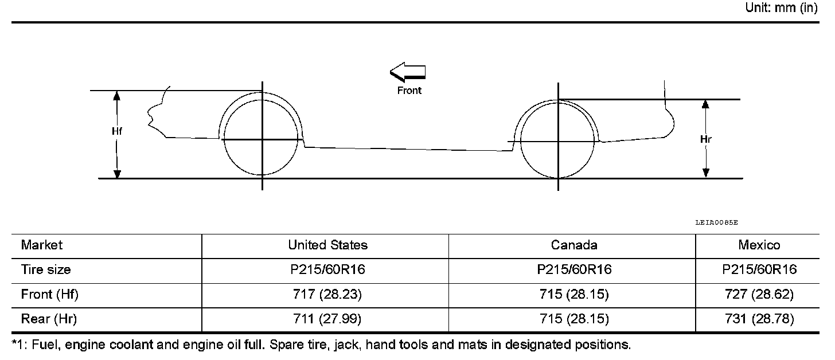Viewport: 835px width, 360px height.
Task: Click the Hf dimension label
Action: pyautogui.click(x=116, y=131)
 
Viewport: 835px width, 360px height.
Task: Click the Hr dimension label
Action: pyautogui.click(x=705, y=139)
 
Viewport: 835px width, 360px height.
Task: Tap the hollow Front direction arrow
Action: pyautogui.click(x=407, y=72)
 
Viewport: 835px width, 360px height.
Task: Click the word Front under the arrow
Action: pyautogui.click(x=409, y=91)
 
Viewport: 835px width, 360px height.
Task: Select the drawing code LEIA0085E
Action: pyautogui.click(x=716, y=222)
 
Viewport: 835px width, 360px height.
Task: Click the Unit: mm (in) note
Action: pyautogui.click(x=781, y=7)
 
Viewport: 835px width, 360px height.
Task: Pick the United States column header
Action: pyautogui.click(x=327, y=245)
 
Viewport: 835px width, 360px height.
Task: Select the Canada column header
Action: pyautogui.click(x=574, y=245)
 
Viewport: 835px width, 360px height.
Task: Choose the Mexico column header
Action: pyautogui.click(x=759, y=245)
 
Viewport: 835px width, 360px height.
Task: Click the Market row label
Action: pyautogui.click(x=42, y=245)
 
